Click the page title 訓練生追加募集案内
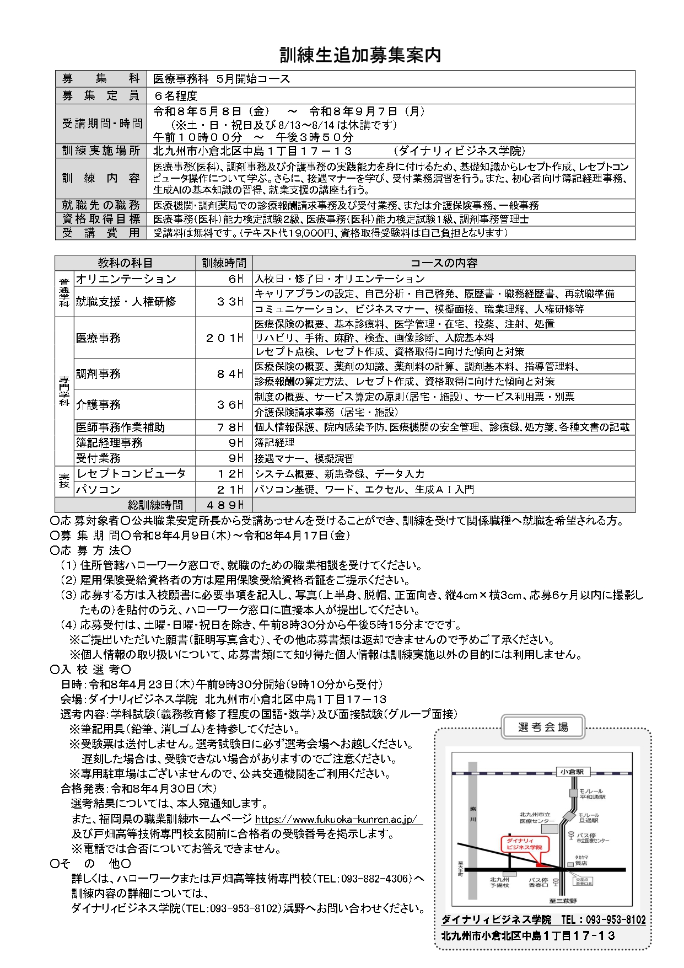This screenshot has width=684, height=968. [x=360, y=55]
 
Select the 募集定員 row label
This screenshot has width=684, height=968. [x=100, y=95]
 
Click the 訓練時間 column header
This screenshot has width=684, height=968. [x=224, y=263]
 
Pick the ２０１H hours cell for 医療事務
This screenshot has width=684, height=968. [x=224, y=338]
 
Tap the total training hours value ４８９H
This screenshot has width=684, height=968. [x=224, y=505]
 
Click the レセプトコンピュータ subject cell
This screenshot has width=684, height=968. [x=131, y=474]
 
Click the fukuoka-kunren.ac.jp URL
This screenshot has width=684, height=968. [x=336, y=819]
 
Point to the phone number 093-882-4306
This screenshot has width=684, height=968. [x=374, y=879]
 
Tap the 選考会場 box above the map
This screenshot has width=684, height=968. [x=542, y=727]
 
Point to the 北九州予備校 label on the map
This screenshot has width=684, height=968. [x=499, y=883]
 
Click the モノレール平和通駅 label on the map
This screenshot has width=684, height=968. [x=592, y=794]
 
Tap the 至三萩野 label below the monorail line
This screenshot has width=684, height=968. [x=563, y=900]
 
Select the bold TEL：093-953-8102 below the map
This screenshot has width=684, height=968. [x=603, y=919]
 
